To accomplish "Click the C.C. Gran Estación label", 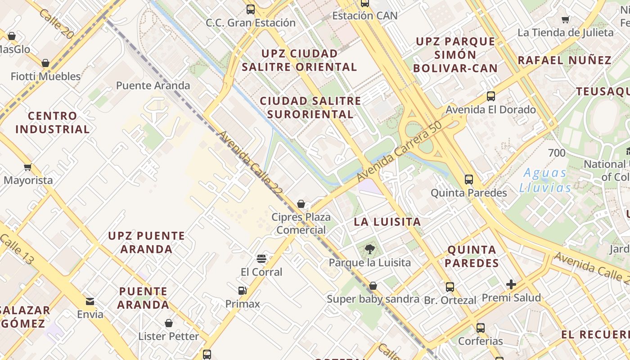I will tap(251, 22).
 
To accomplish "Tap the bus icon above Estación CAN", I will tap(364, 4).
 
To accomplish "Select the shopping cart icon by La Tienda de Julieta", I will tap(566, 19).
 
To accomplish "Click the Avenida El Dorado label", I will tap(490, 109).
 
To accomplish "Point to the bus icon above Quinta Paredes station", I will tap(469, 180).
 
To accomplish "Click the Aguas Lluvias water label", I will tap(545, 180).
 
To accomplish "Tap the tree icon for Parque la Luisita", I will tap(369, 249).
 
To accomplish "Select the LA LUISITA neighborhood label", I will tap(387, 221).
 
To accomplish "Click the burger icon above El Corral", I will tap(261, 259).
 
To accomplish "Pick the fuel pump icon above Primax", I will tap(243, 291).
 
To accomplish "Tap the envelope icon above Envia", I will tap(90, 301).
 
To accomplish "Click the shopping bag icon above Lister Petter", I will tap(168, 323).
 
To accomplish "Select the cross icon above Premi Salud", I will tap(511, 284).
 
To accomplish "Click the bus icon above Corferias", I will tap(480, 328).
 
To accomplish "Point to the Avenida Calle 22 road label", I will tap(251, 162).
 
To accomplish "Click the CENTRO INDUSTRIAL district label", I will tap(53, 122).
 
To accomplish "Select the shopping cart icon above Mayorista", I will tap(28, 167).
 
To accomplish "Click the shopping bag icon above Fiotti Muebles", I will tap(45, 63).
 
